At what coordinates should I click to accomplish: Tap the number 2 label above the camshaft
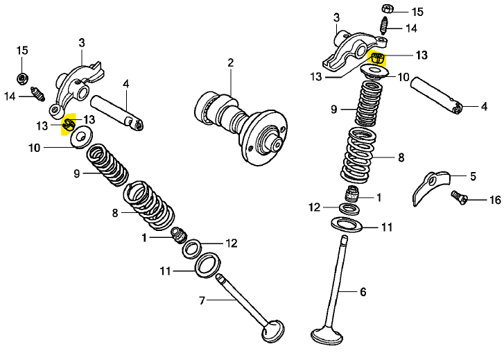click(x=231, y=62)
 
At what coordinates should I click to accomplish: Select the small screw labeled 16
click(x=459, y=196)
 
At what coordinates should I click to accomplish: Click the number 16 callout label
click(x=495, y=200)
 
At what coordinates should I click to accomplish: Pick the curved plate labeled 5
click(x=430, y=187)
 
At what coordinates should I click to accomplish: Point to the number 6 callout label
click(x=363, y=292)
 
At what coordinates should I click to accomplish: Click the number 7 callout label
click(x=202, y=300)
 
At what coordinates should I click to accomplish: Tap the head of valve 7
click(x=272, y=331)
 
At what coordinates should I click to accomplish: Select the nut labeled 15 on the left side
click(x=22, y=78)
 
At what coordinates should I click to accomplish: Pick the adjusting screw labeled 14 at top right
click(x=383, y=26)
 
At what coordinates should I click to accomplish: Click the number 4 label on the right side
click(x=485, y=106)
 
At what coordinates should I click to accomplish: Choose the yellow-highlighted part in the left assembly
click(x=69, y=124)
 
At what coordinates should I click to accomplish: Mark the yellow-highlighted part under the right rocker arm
click(x=377, y=58)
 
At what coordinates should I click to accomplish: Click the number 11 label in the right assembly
click(x=386, y=227)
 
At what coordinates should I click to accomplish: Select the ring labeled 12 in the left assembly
click(x=192, y=249)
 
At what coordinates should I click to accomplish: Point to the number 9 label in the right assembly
click(x=334, y=110)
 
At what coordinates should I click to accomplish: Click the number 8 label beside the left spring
click(x=115, y=213)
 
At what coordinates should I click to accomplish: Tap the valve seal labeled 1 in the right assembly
click(x=352, y=194)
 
